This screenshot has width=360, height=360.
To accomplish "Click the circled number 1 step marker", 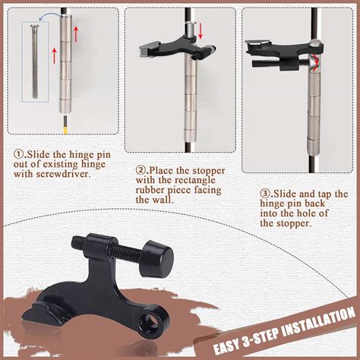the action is (18, 154).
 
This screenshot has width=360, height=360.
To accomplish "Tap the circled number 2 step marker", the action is (141, 170).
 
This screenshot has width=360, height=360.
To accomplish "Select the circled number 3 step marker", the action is (265, 194).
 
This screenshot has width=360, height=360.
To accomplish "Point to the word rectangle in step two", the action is (195, 180).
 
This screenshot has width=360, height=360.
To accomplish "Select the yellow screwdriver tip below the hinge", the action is (65, 131).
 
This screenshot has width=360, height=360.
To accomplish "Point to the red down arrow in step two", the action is (201, 31).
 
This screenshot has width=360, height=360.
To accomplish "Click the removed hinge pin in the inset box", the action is (34, 62).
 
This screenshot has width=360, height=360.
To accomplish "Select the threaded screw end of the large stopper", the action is (79, 244).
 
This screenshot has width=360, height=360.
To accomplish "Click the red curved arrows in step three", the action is (314, 62).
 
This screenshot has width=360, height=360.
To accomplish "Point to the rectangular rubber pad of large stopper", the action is (40, 314).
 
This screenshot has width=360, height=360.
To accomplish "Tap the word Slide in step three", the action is (285, 194).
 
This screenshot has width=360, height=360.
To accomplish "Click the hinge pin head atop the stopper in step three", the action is (315, 43).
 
